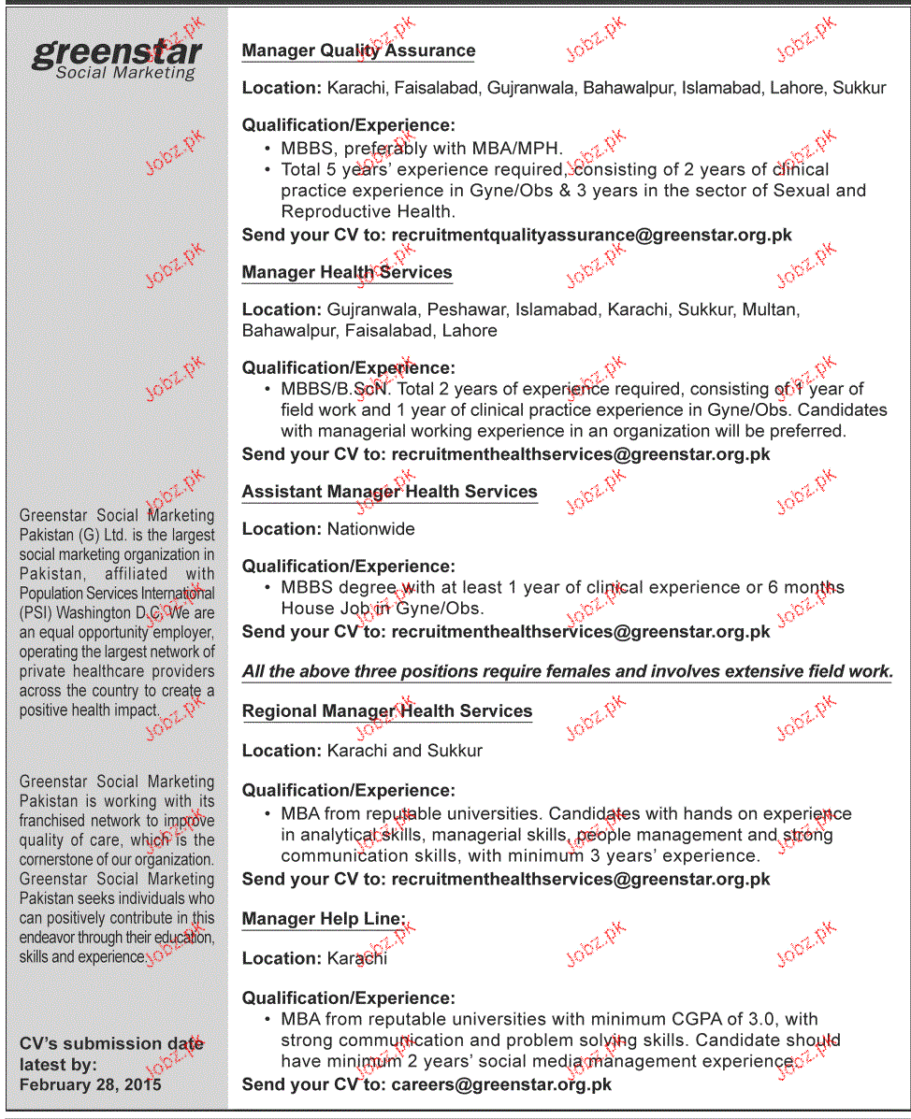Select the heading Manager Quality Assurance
(358, 51)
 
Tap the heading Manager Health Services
(347, 273)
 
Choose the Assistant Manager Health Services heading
(389, 492)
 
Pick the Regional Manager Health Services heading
(386, 711)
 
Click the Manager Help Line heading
(323, 919)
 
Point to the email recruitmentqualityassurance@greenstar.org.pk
(591, 236)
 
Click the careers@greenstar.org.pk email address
(501, 1084)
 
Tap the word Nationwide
(370, 529)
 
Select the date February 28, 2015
(90, 1084)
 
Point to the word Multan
(770, 309)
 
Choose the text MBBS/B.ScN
(334, 389)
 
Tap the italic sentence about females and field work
(567, 671)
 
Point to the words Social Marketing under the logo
(125, 73)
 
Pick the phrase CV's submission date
(111, 1043)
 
